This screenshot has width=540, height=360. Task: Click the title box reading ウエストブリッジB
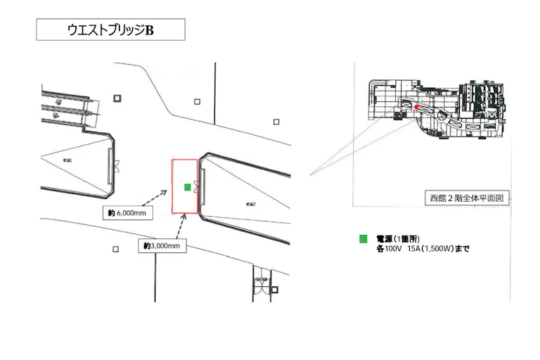click(110, 30)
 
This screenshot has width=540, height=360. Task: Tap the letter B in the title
click(149, 30)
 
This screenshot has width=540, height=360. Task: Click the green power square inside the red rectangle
click(187, 186)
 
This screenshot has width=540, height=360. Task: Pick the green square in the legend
click(364, 239)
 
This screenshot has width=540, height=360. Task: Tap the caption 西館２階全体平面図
click(467, 198)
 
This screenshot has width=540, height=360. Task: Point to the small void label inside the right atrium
click(250, 204)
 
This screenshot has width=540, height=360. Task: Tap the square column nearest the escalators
click(117, 98)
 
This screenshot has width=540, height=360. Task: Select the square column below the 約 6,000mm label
click(115, 248)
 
